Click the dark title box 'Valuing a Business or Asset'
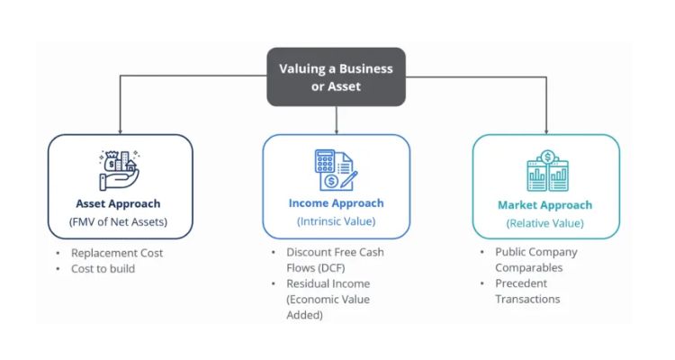[x=336, y=76]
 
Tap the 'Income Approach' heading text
[x=336, y=203]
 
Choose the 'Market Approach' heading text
[x=545, y=205]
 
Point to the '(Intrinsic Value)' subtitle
[x=336, y=221]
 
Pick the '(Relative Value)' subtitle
[x=545, y=223]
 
